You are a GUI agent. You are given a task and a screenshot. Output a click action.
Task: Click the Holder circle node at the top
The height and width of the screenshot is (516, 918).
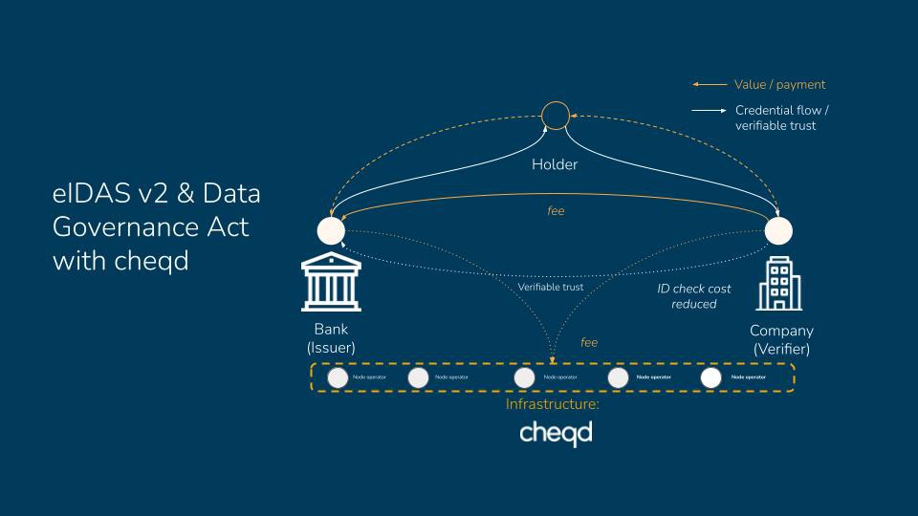pyautogui.click(x=555, y=117)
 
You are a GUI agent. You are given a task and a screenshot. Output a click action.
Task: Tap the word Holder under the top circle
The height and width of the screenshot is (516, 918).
pyautogui.click(x=555, y=164)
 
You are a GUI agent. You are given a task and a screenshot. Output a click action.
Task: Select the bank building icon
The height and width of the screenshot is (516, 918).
pyautogui.click(x=331, y=283)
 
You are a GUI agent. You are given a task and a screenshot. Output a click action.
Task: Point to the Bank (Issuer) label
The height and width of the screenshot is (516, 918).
pyautogui.click(x=331, y=339)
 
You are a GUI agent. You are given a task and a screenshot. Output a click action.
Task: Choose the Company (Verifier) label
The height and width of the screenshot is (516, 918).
pyautogui.click(x=781, y=339)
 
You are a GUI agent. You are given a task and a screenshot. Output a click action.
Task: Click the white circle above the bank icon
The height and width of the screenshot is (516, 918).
pyautogui.click(x=331, y=230)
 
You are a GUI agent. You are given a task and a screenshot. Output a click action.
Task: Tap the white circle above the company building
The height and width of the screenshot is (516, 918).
pyautogui.click(x=778, y=230)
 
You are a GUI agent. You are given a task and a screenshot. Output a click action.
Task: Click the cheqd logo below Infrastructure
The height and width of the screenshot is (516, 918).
pyautogui.click(x=556, y=433)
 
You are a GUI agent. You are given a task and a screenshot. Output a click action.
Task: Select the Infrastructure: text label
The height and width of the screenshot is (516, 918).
pyautogui.click(x=553, y=404)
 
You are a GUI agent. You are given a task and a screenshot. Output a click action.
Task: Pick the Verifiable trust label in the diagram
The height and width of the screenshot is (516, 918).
pyautogui.click(x=550, y=287)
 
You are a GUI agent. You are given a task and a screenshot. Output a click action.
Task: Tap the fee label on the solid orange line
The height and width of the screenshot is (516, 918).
pyautogui.click(x=556, y=210)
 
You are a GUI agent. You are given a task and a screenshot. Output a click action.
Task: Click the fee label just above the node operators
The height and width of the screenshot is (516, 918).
pyautogui.click(x=589, y=342)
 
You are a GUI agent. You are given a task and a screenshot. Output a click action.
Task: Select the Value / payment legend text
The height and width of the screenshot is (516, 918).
pyautogui.click(x=779, y=85)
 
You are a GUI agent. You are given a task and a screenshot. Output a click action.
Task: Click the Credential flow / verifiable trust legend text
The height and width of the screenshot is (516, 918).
pyautogui.click(x=781, y=118)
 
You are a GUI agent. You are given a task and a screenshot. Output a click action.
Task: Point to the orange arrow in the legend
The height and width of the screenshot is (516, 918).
pyautogui.click(x=710, y=85)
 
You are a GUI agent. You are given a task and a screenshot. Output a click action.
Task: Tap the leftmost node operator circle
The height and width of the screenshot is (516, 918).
pyautogui.click(x=338, y=377)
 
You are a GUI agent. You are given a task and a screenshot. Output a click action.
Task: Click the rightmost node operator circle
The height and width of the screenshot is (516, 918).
pyautogui.click(x=710, y=377)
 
